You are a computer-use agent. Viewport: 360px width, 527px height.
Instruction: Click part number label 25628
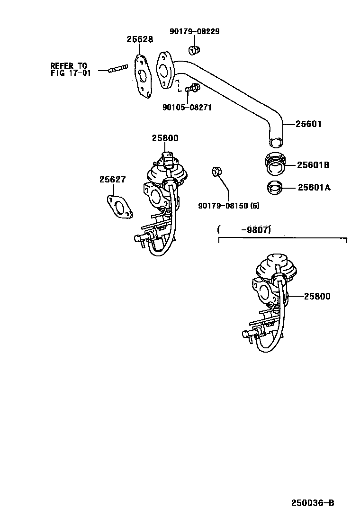(x=140, y=40)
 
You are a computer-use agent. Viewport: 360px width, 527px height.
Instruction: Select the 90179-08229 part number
(x=194, y=32)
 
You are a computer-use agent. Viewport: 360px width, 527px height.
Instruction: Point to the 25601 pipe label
(x=308, y=125)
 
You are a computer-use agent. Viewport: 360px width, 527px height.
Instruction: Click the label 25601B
(x=313, y=165)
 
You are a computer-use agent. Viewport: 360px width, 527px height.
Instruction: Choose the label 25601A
(x=314, y=187)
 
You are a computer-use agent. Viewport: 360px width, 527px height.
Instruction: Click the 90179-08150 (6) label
(x=229, y=206)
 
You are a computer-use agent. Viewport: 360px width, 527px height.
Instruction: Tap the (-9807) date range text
(x=244, y=230)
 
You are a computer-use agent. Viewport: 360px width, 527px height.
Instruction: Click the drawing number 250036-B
(x=313, y=502)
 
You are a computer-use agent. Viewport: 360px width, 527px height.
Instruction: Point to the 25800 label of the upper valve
(x=165, y=138)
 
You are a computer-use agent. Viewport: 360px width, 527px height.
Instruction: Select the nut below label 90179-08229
(x=193, y=49)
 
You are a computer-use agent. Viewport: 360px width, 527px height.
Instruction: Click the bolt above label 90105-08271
(x=192, y=88)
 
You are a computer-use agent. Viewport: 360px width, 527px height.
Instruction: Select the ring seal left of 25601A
(x=275, y=188)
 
